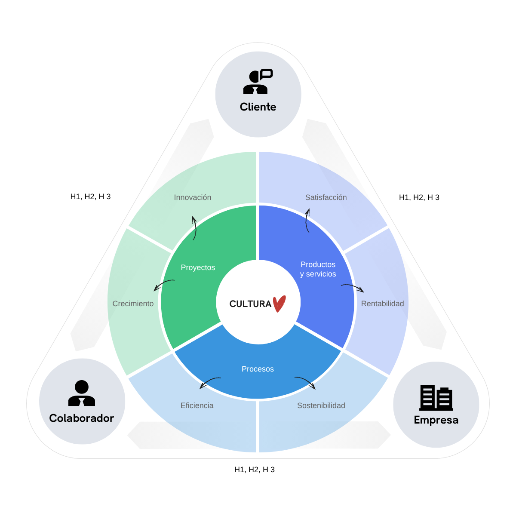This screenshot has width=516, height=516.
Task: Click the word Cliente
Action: pyautogui.click(x=258, y=107)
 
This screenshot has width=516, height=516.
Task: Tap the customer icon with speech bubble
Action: pyautogui.click(x=258, y=82)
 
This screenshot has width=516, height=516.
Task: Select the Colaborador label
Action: pyautogui.click(x=82, y=418)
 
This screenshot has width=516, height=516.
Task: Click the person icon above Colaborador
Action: pyautogui.click(x=82, y=393)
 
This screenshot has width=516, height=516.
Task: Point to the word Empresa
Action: pyautogui.click(x=436, y=420)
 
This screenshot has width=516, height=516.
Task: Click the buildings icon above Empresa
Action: pyautogui.click(x=436, y=398)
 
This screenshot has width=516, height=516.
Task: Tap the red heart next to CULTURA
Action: pyautogui.click(x=279, y=304)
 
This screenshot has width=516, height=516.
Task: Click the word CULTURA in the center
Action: pyautogui.click(x=250, y=304)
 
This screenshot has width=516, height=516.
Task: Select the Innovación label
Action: pyautogui.click(x=193, y=197)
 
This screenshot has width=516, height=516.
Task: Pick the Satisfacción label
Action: pyautogui.click(x=326, y=197)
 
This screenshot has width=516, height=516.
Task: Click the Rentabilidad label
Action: pyautogui.click(x=382, y=304)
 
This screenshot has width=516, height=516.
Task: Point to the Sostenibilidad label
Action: pyautogui.click(x=321, y=405)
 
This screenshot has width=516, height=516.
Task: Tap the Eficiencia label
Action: pyautogui.click(x=197, y=405)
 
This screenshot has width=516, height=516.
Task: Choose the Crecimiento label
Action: pyautogui.click(x=133, y=304)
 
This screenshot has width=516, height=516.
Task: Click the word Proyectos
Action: pyautogui.click(x=198, y=267)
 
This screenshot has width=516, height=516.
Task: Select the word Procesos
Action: pyautogui.click(x=258, y=369)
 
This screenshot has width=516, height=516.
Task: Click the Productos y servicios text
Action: pyautogui.click(x=318, y=269)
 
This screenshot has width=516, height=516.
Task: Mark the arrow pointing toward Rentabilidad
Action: pyautogui.click(x=353, y=288)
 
